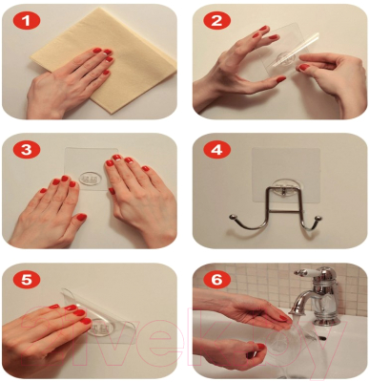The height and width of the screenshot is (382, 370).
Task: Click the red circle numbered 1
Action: pos(27,22)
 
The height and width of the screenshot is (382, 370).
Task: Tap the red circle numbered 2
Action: pos(216,22)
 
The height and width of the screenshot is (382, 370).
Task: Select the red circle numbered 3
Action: pos(27,150)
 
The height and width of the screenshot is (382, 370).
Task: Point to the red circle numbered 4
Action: pos(216,150)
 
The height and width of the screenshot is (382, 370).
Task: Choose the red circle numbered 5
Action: pos(27,280)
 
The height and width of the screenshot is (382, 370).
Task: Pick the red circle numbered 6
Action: pos(216,280)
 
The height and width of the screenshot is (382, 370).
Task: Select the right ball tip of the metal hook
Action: pos(319,218)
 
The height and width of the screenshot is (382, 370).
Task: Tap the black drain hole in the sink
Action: pos(320,337)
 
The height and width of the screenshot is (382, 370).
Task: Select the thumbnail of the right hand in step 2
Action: pos(304,68)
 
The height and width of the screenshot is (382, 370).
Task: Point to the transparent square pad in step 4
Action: pos(286,175)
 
